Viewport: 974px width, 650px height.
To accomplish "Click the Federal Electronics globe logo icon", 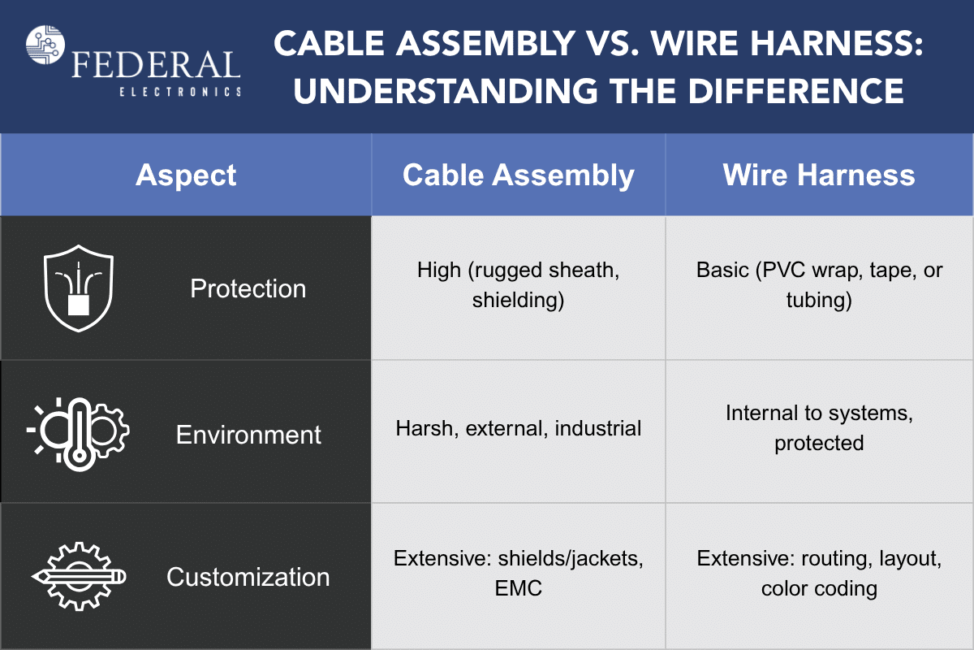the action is [x=45, y=45].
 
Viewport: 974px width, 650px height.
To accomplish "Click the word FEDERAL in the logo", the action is [x=156, y=65].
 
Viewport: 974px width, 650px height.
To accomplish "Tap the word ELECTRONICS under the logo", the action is [x=180, y=92].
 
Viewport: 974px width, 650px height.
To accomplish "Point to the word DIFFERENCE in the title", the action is [x=796, y=91].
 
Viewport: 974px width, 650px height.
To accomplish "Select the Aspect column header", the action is [x=186, y=175].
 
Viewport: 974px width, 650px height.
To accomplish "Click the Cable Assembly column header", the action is [x=519, y=175].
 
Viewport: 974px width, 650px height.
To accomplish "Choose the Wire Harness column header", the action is [x=819, y=175].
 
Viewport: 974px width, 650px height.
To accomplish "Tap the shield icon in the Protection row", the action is [x=79, y=288].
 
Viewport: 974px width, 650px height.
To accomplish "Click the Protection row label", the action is [x=248, y=288].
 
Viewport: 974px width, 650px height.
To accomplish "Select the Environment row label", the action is [x=248, y=435].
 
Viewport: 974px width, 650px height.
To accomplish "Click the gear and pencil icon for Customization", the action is [x=79, y=576].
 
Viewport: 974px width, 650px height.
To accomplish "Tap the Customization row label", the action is [x=248, y=578].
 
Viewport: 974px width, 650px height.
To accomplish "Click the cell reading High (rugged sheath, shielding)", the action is [x=519, y=284].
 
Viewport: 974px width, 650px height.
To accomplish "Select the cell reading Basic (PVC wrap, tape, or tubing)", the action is [x=819, y=284].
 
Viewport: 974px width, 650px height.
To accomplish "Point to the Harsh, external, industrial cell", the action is [x=519, y=428].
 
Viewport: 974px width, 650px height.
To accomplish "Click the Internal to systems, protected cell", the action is [x=819, y=428].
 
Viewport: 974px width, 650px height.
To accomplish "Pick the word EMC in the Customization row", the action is [x=519, y=588].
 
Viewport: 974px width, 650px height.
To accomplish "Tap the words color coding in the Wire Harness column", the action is [x=819, y=589].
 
